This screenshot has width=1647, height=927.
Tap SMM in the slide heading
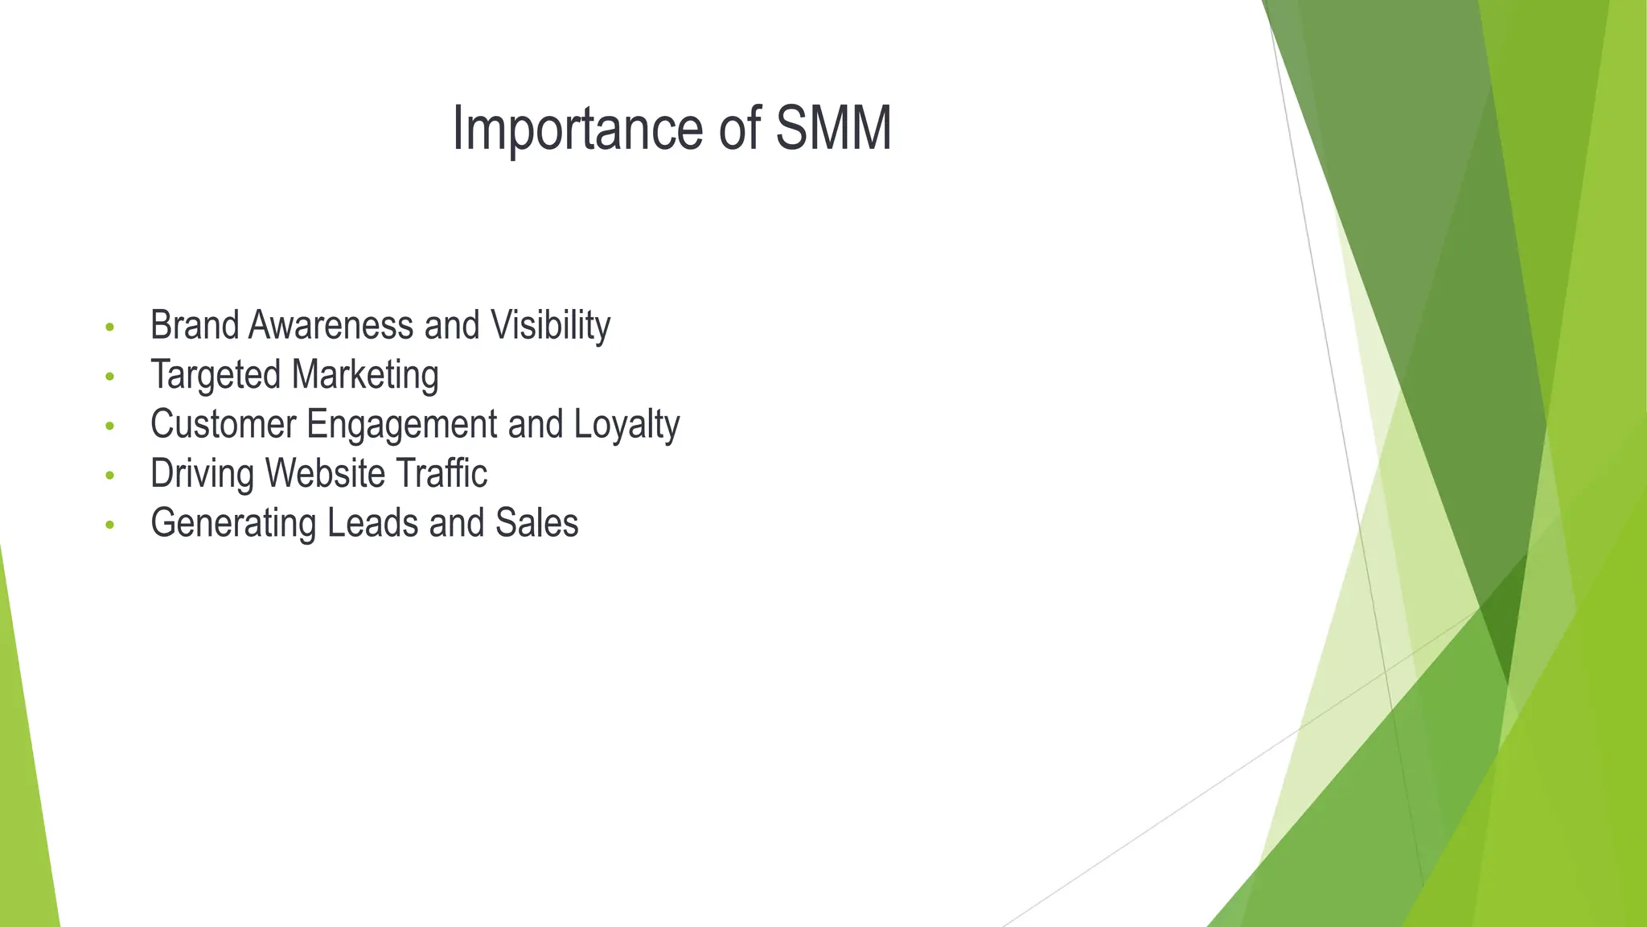(833, 129)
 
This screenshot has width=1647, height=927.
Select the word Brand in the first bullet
(195, 325)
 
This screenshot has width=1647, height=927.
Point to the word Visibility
(551, 325)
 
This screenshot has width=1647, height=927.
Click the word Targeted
(216, 375)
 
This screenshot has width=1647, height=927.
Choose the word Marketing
(365, 375)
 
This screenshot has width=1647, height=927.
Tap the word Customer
(224, 424)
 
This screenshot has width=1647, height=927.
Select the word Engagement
(402, 424)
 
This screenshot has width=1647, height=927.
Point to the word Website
(325, 473)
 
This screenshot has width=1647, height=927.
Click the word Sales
(536, 523)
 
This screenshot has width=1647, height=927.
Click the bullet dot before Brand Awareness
(110, 328)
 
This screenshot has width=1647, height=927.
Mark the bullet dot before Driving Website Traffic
(110, 476)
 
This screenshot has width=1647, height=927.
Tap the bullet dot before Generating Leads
(110, 525)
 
